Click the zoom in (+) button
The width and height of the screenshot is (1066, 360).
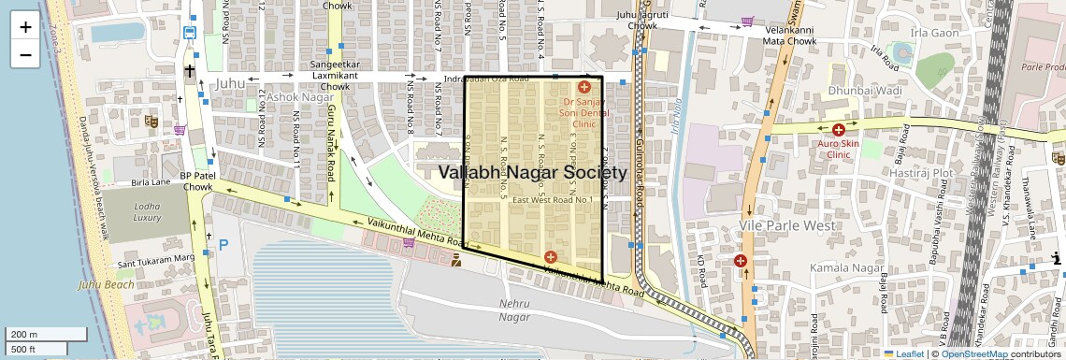pyautogui.click(x=25, y=27)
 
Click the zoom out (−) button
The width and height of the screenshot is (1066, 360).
pyautogui.click(x=25, y=55)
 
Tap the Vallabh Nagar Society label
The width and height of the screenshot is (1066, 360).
pyautogui.click(x=532, y=173)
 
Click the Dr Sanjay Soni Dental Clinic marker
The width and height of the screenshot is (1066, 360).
pyautogui.click(x=584, y=87)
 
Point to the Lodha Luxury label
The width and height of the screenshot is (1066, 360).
pyautogui.click(x=147, y=211)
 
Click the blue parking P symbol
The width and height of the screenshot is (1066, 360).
pyautogui.click(x=223, y=245)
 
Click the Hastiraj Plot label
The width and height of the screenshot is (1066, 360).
pyautogui.click(x=921, y=173)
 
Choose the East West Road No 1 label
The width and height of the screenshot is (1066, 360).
pyautogui.click(x=553, y=200)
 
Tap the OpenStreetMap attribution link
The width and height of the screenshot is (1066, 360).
pyautogui.click(x=974, y=353)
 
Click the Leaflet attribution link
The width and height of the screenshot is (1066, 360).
pyautogui.click(x=903, y=353)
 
